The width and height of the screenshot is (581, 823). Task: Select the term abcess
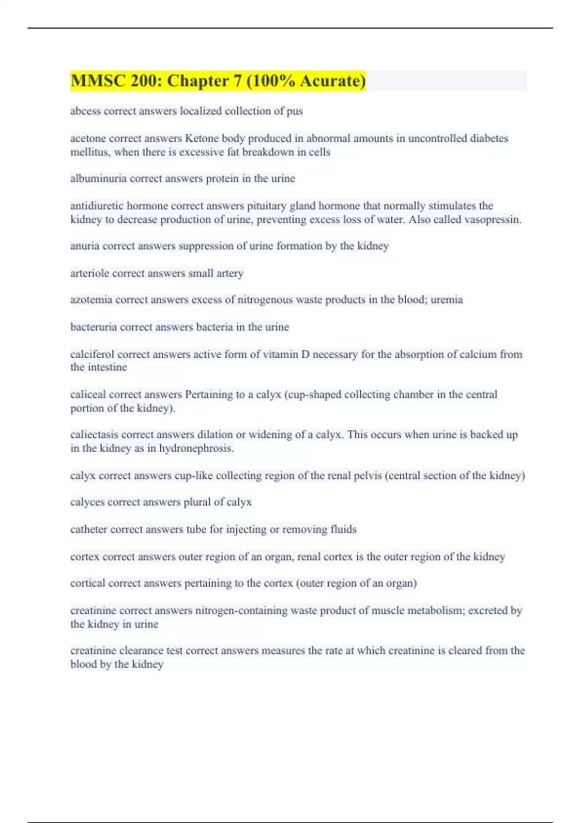tap(85, 111)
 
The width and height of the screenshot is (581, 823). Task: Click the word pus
tap(294, 111)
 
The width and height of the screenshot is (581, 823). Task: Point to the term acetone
tap(88, 138)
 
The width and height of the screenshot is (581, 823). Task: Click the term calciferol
tap(92, 354)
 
